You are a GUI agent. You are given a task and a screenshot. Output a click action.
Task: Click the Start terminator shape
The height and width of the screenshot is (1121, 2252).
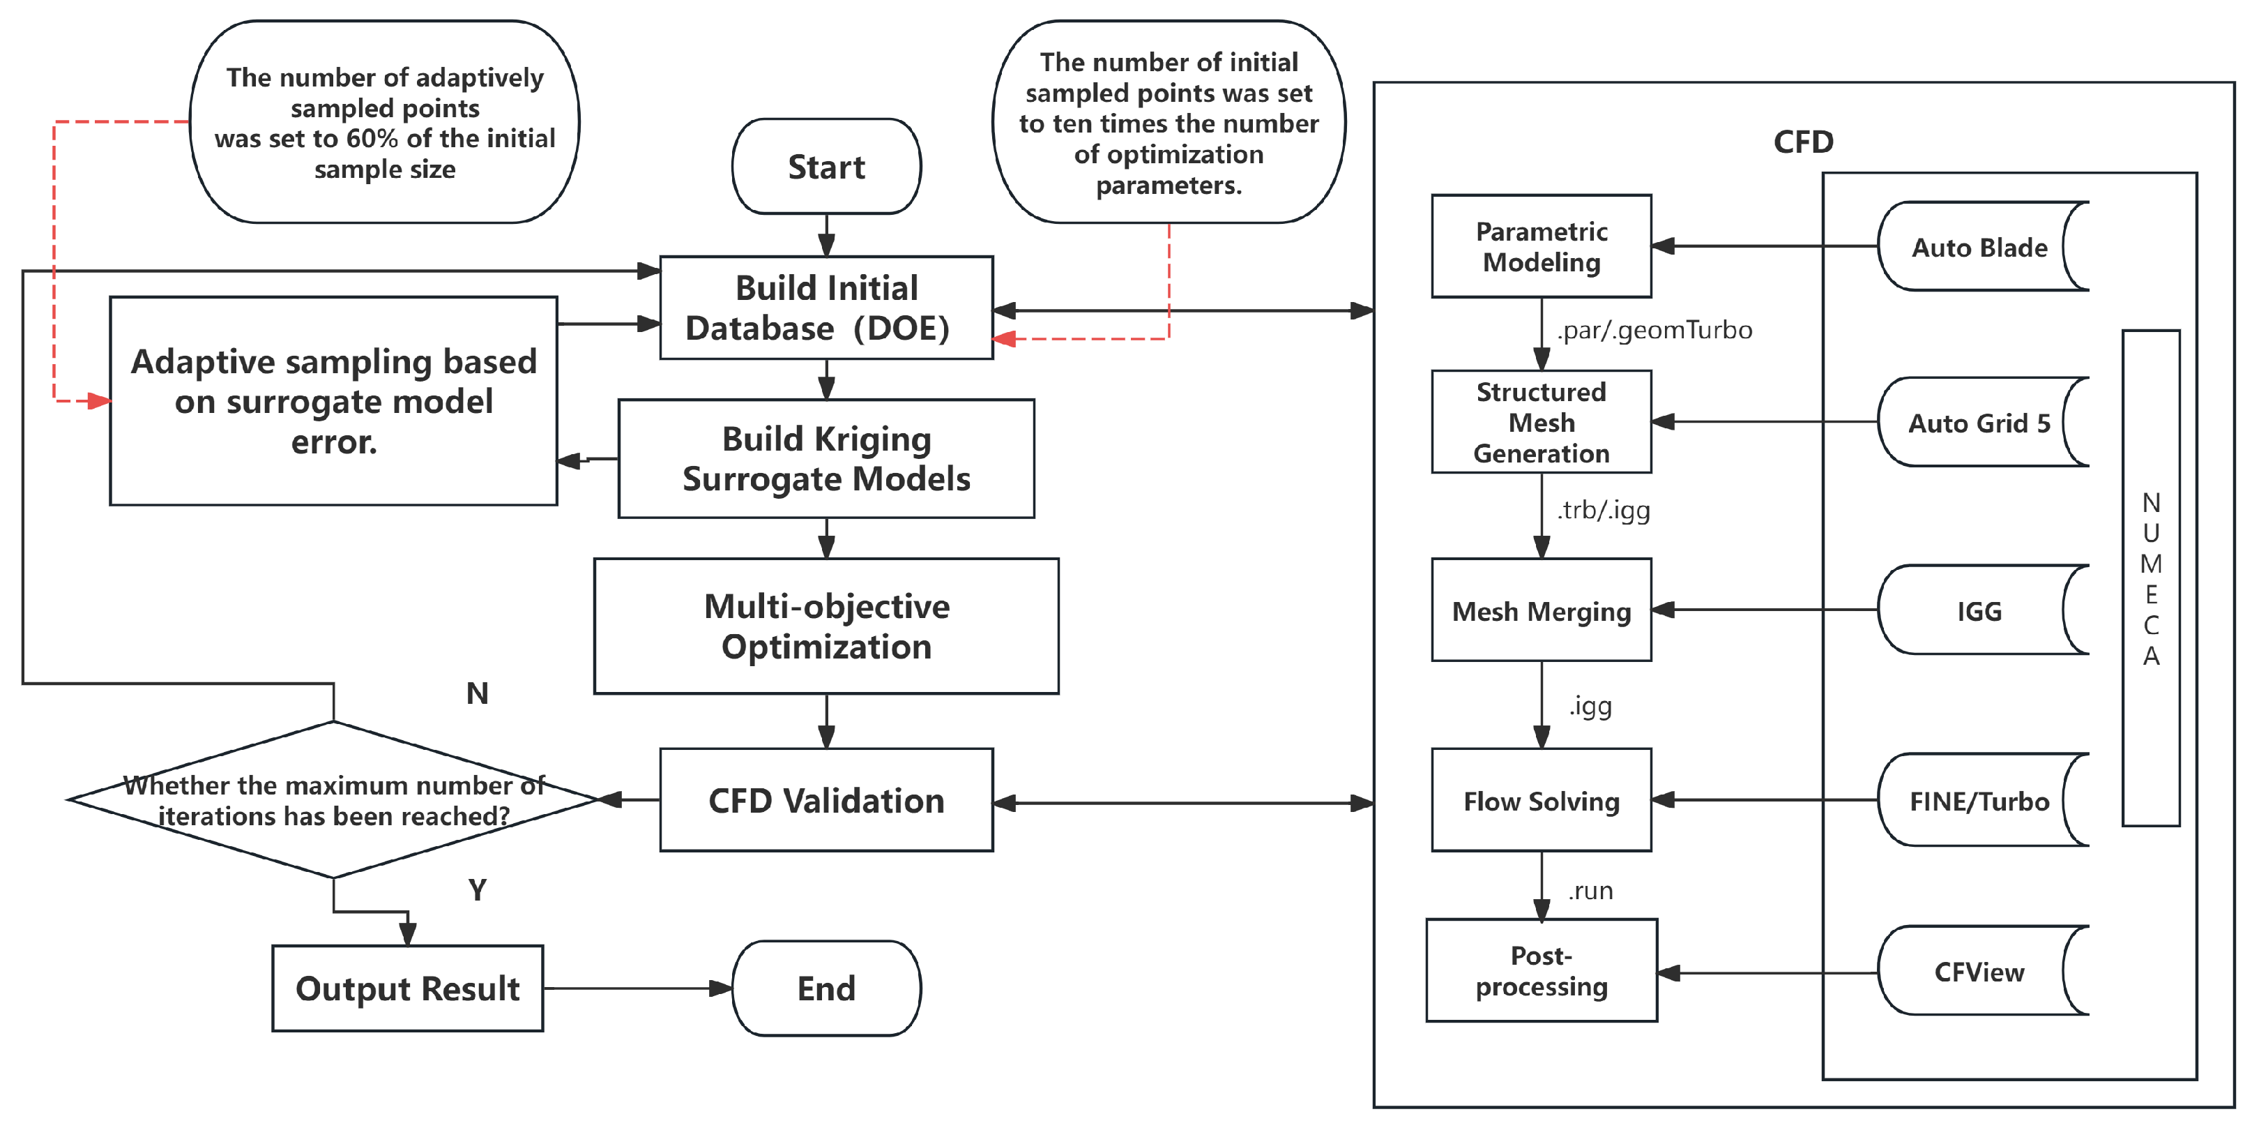pos(826,166)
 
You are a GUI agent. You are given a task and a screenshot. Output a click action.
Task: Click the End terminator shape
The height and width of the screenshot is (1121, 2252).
pos(826,988)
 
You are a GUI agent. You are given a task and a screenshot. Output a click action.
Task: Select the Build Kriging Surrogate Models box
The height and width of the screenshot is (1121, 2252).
pos(826,459)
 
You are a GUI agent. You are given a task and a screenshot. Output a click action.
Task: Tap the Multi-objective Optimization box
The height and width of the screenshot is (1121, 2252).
pos(826,626)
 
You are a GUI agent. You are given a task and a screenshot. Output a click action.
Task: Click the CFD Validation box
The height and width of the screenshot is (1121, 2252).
pos(826,800)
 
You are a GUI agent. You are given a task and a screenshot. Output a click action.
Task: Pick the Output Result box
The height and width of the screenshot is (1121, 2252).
pos(407,988)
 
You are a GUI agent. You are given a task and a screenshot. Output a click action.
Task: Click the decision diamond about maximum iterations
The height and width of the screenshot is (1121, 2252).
pos(333,800)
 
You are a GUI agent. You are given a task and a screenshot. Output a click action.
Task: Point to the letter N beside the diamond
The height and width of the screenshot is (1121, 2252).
pos(478,693)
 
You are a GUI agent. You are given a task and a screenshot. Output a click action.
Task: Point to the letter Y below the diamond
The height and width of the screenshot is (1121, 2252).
pos(478,890)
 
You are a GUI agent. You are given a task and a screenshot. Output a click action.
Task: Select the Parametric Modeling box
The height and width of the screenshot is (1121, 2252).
pos(1542,246)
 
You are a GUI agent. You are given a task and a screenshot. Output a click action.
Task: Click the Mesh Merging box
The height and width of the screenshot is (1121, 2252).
pos(1542,610)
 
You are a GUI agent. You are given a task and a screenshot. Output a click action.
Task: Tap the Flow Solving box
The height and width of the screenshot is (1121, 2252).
pos(1542,800)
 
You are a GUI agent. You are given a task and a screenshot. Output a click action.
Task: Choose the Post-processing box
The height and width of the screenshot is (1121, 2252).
pos(1542,970)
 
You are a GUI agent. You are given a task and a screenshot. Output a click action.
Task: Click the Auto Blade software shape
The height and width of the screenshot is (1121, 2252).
pos(1979,248)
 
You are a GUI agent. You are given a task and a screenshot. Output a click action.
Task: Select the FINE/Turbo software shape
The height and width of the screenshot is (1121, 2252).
pos(1979,801)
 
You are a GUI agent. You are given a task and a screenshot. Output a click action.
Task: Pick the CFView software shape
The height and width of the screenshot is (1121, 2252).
pos(1979,972)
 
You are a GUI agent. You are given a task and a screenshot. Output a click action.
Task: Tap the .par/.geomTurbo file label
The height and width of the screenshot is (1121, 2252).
pos(1654,330)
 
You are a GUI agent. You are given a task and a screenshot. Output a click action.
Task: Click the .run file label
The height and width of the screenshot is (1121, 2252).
pos(1590,891)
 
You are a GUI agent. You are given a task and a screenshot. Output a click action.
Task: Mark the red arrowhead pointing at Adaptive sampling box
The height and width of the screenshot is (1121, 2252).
pos(100,401)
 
